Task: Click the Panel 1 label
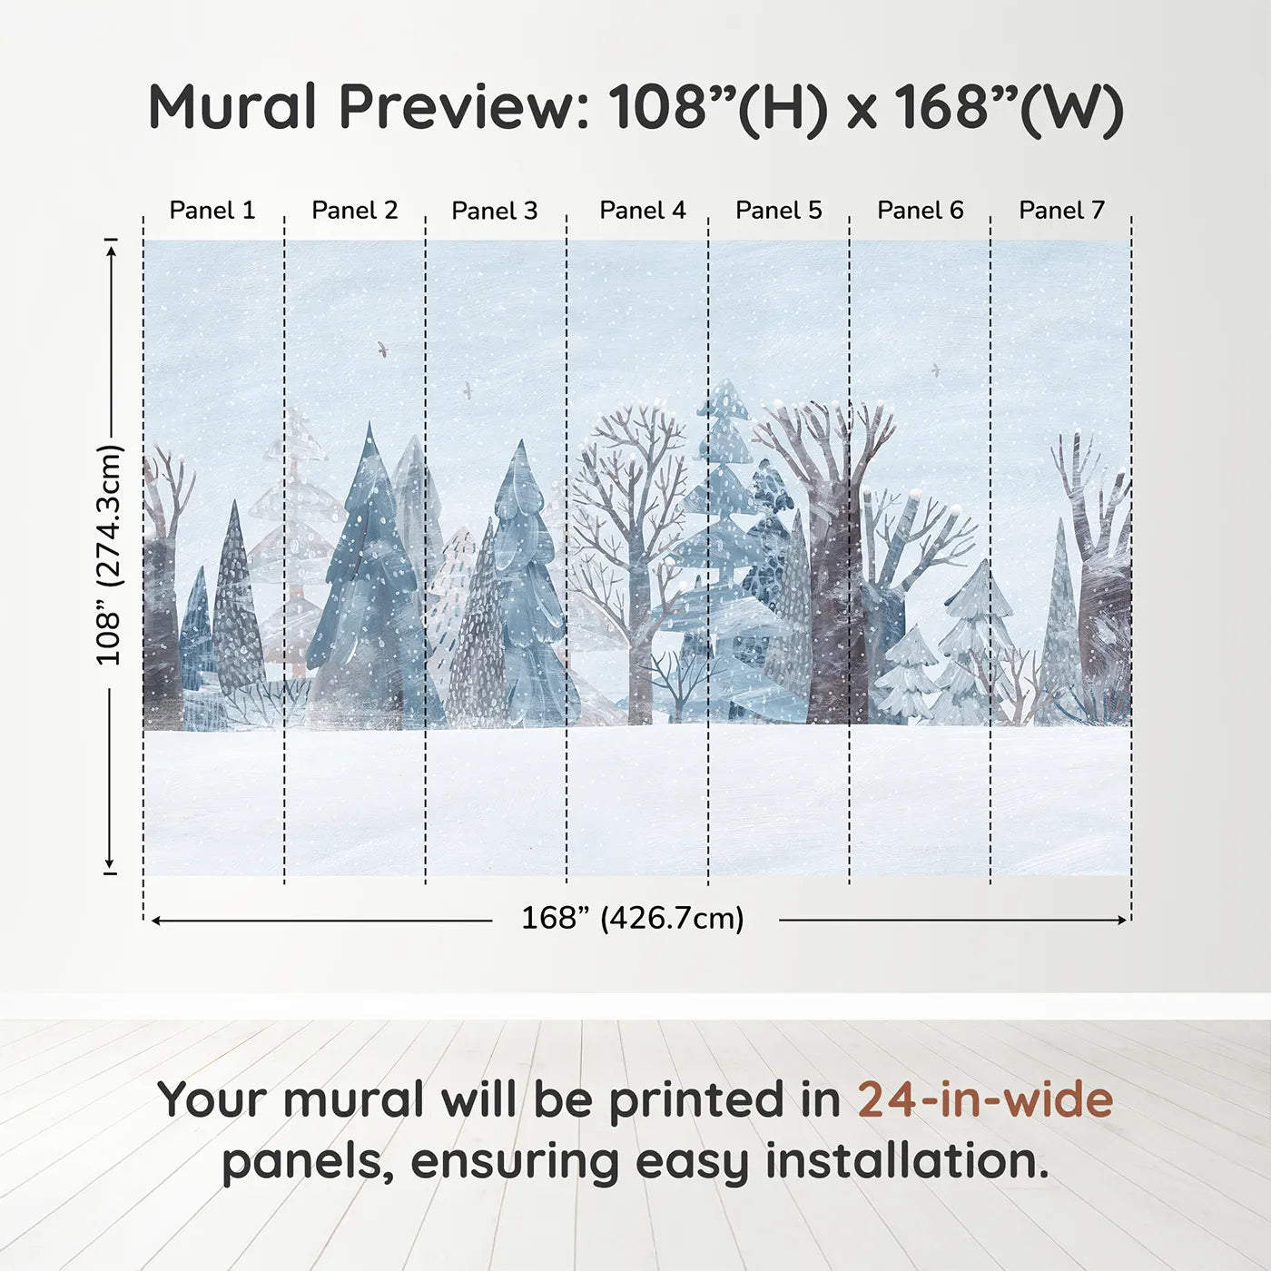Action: coord(212,211)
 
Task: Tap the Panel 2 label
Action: coord(355,211)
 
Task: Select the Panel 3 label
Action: coord(495,211)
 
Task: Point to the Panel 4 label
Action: coord(643,211)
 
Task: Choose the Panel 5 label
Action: coord(779,211)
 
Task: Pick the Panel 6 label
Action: coord(920,211)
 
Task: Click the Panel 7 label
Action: coord(1061,211)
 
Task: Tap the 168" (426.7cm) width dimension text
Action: coord(633,918)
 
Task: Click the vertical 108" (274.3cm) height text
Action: coord(110,555)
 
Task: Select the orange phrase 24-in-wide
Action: coord(985,1099)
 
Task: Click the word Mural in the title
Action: coord(232,106)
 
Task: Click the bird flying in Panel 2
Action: coord(382,348)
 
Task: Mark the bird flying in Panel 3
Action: coord(468,389)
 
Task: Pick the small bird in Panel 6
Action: coord(934,369)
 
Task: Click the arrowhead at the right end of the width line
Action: coord(1122,920)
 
